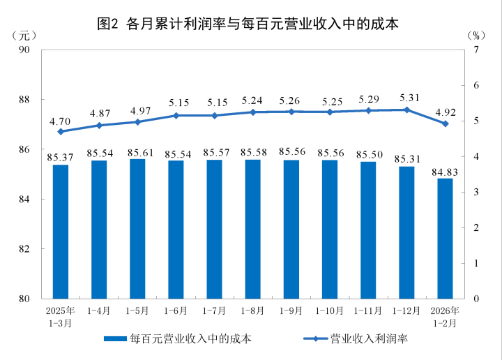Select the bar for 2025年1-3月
[61, 232]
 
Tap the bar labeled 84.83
[445, 238]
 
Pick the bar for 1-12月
[406, 232]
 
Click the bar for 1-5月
[137, 229]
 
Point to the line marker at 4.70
[61, 131]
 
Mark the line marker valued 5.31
[406, 110]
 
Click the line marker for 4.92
[445, 123]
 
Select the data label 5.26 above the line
[291, 100]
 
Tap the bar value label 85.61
[137, 152]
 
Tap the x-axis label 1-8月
[252, 310]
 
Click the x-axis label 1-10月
[330, 310]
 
